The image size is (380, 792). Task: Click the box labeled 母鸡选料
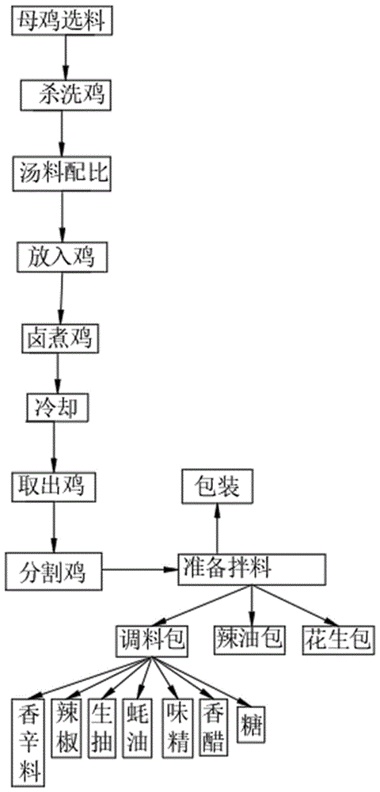click(x=62, y=21)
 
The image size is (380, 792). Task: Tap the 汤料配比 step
click(x=63, y=173)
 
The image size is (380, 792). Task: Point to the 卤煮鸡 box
click(x=58, y=338)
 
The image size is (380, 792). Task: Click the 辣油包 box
click(x=249, y=638)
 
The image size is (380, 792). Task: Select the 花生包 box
click(x=337, y=638)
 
